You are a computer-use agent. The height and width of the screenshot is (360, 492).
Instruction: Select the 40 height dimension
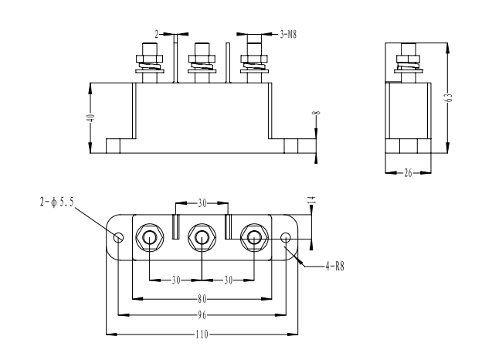(90, 118)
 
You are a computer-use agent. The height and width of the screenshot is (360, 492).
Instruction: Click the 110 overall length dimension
(202, 335)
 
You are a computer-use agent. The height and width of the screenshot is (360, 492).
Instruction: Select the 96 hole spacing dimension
(202, 315)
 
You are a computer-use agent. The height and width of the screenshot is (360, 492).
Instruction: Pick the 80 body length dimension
(202, 297)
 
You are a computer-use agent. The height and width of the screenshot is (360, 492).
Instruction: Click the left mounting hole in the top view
(118, 237)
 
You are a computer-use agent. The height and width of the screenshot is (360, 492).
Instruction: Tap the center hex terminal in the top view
(202, 237)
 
